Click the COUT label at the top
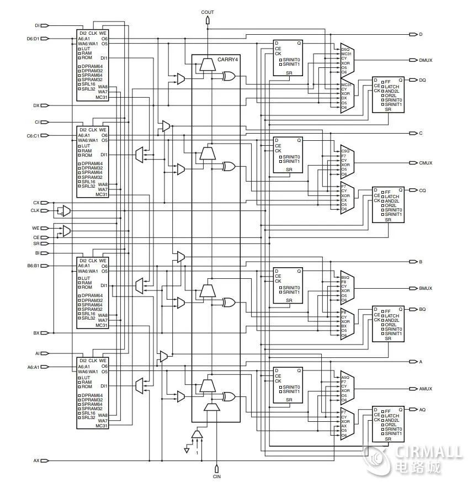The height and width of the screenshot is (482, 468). pyautogui.click(x=208, y=12)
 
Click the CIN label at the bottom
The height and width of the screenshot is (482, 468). pyautogui.click(x=217, y=475)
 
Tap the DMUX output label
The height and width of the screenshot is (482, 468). pyautogui.click(x=426, y=60)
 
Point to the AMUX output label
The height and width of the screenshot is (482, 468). pyautogui.click(x=426, y=389)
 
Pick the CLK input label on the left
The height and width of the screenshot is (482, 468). pyautogui.click(x=35, y=210)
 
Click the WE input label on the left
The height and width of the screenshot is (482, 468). pyautogui.click(x=36, y=228)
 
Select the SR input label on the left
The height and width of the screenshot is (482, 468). pyautogui.click(x=36, y=243)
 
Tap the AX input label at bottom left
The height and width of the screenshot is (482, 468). pyautogui.click(x=36, y=460)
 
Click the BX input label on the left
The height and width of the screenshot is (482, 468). pyautogui.click(x=36, y=333)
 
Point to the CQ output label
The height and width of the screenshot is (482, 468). pyautogui.click(x=422, y=190)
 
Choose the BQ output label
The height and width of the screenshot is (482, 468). pyautogui.click(x=422, y=309)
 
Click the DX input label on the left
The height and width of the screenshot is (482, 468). pyautogui.click(x=36, y=105)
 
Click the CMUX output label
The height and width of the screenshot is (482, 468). pyautogui.click(x=426, y=163)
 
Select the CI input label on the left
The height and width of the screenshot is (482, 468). pyautogui.click(x=37, y=121)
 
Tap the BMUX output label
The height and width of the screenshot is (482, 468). pyautogui.click(x=426, y=288)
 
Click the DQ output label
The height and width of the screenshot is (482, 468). pyautogui.click(x=422, y=80)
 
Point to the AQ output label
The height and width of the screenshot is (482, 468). pyautogui.click(x=422, y=410)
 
